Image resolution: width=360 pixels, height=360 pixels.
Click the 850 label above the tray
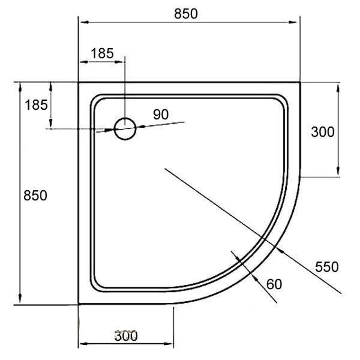(186, 14)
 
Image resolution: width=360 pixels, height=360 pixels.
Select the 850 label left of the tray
(36, 196)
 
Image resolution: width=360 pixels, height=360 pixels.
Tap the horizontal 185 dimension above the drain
(102, 54)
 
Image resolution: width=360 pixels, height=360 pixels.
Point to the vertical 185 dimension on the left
(36, 105)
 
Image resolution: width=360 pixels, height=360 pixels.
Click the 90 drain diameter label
(161, 114)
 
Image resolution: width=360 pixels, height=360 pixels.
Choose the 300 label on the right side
(323, 132)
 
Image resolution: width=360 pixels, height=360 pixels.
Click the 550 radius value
(326, 267)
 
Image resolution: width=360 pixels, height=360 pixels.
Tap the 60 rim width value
(274, 284)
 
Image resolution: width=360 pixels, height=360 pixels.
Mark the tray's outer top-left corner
(79, 82)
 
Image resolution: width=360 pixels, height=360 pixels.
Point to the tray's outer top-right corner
(300, 82)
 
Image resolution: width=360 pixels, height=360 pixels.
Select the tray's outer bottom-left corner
(79, 304)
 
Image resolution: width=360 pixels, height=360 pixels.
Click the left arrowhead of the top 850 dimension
(81, 21)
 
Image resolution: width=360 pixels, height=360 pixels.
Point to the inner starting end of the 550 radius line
(165, 168)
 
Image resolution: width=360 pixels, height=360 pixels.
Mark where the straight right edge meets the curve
(300, 177)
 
